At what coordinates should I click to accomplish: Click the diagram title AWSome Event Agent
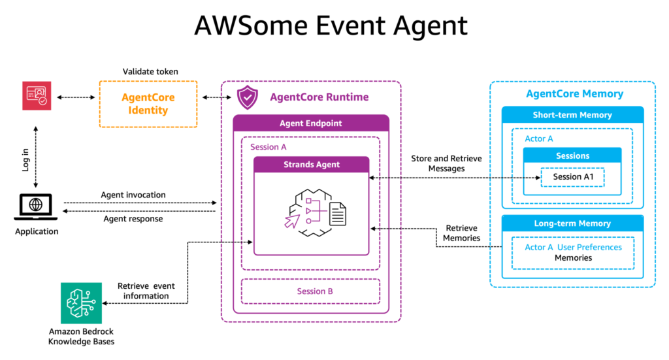(x=331, y=25)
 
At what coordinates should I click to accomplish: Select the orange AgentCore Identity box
(x=148, y=104)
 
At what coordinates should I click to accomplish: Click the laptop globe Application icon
(x=36, y=206)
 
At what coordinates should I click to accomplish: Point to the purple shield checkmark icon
(x=248, y=97)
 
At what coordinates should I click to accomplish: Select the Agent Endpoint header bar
(x=311, y=123)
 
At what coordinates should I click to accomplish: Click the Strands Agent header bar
(x=311, y=165)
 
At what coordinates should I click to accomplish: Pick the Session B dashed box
(x=311, y=291)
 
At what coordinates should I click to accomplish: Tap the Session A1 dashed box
(x=572, y=177)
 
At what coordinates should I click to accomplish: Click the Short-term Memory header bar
(x=572, y=115)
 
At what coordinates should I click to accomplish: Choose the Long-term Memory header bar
(x=572, y=223)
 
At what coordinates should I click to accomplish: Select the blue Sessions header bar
(x=572, y=156)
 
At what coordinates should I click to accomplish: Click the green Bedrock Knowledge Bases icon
(x=81, y=303)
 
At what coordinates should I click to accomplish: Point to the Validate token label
(x=150, y=71)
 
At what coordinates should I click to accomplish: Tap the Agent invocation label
(x=133, y=195)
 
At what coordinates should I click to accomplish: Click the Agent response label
(x=133, y=219)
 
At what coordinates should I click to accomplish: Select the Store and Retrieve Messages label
(x=438, y=163)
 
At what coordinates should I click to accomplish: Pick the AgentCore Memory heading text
(x=574, y=93)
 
